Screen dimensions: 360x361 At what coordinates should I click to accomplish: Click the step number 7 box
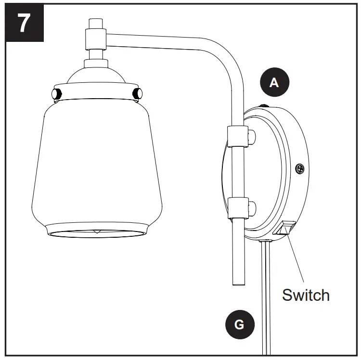23,23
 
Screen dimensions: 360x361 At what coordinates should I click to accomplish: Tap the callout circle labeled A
274,83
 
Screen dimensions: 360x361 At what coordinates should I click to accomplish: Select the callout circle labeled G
239,324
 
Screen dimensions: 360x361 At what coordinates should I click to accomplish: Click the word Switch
306,294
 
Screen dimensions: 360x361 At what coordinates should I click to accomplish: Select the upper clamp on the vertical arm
236,136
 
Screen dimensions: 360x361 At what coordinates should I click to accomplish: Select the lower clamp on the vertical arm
236,208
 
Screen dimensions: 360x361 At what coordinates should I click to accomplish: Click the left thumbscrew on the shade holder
54,92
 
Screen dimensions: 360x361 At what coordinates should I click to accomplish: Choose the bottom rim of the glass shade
96,233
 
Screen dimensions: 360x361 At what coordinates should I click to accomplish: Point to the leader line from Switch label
296,257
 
